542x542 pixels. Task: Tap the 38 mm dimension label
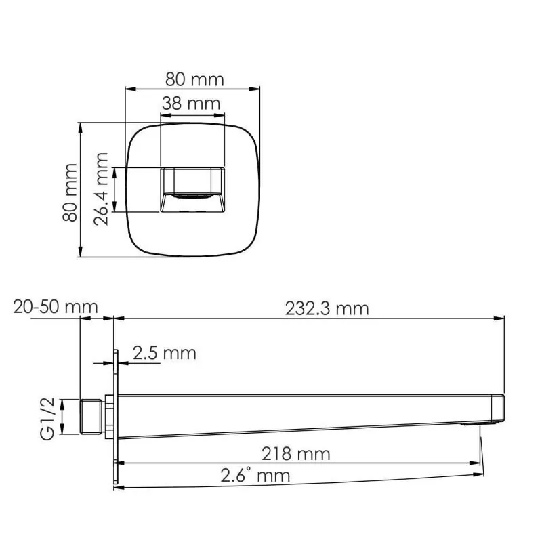pos(191,104)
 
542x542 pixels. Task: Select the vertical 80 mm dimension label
pos(68,191)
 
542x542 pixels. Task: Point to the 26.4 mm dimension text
pos(101,189)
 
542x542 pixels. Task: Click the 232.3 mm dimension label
pos(327,308)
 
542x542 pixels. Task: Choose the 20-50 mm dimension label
pos(55,307)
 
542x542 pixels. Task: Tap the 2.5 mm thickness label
pos(164,352)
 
